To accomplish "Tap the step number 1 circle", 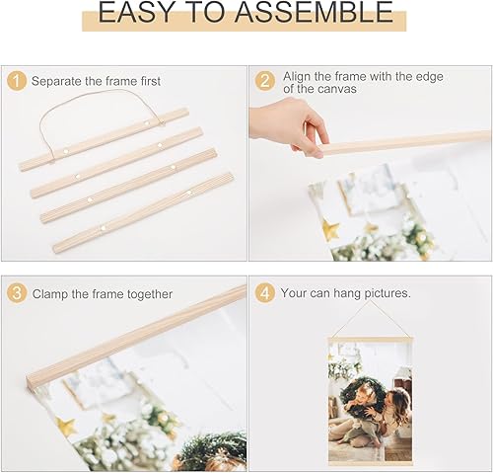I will [x=17, y=81].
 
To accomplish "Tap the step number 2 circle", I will [x=264, y=81].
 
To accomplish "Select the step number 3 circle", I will [x=17, y=293].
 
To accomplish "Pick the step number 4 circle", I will [x=264, y=293].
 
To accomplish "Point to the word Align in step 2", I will [x=298, y=76].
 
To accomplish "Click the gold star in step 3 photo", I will [x=66, y=426].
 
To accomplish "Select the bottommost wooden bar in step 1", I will [x=143, y=211].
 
